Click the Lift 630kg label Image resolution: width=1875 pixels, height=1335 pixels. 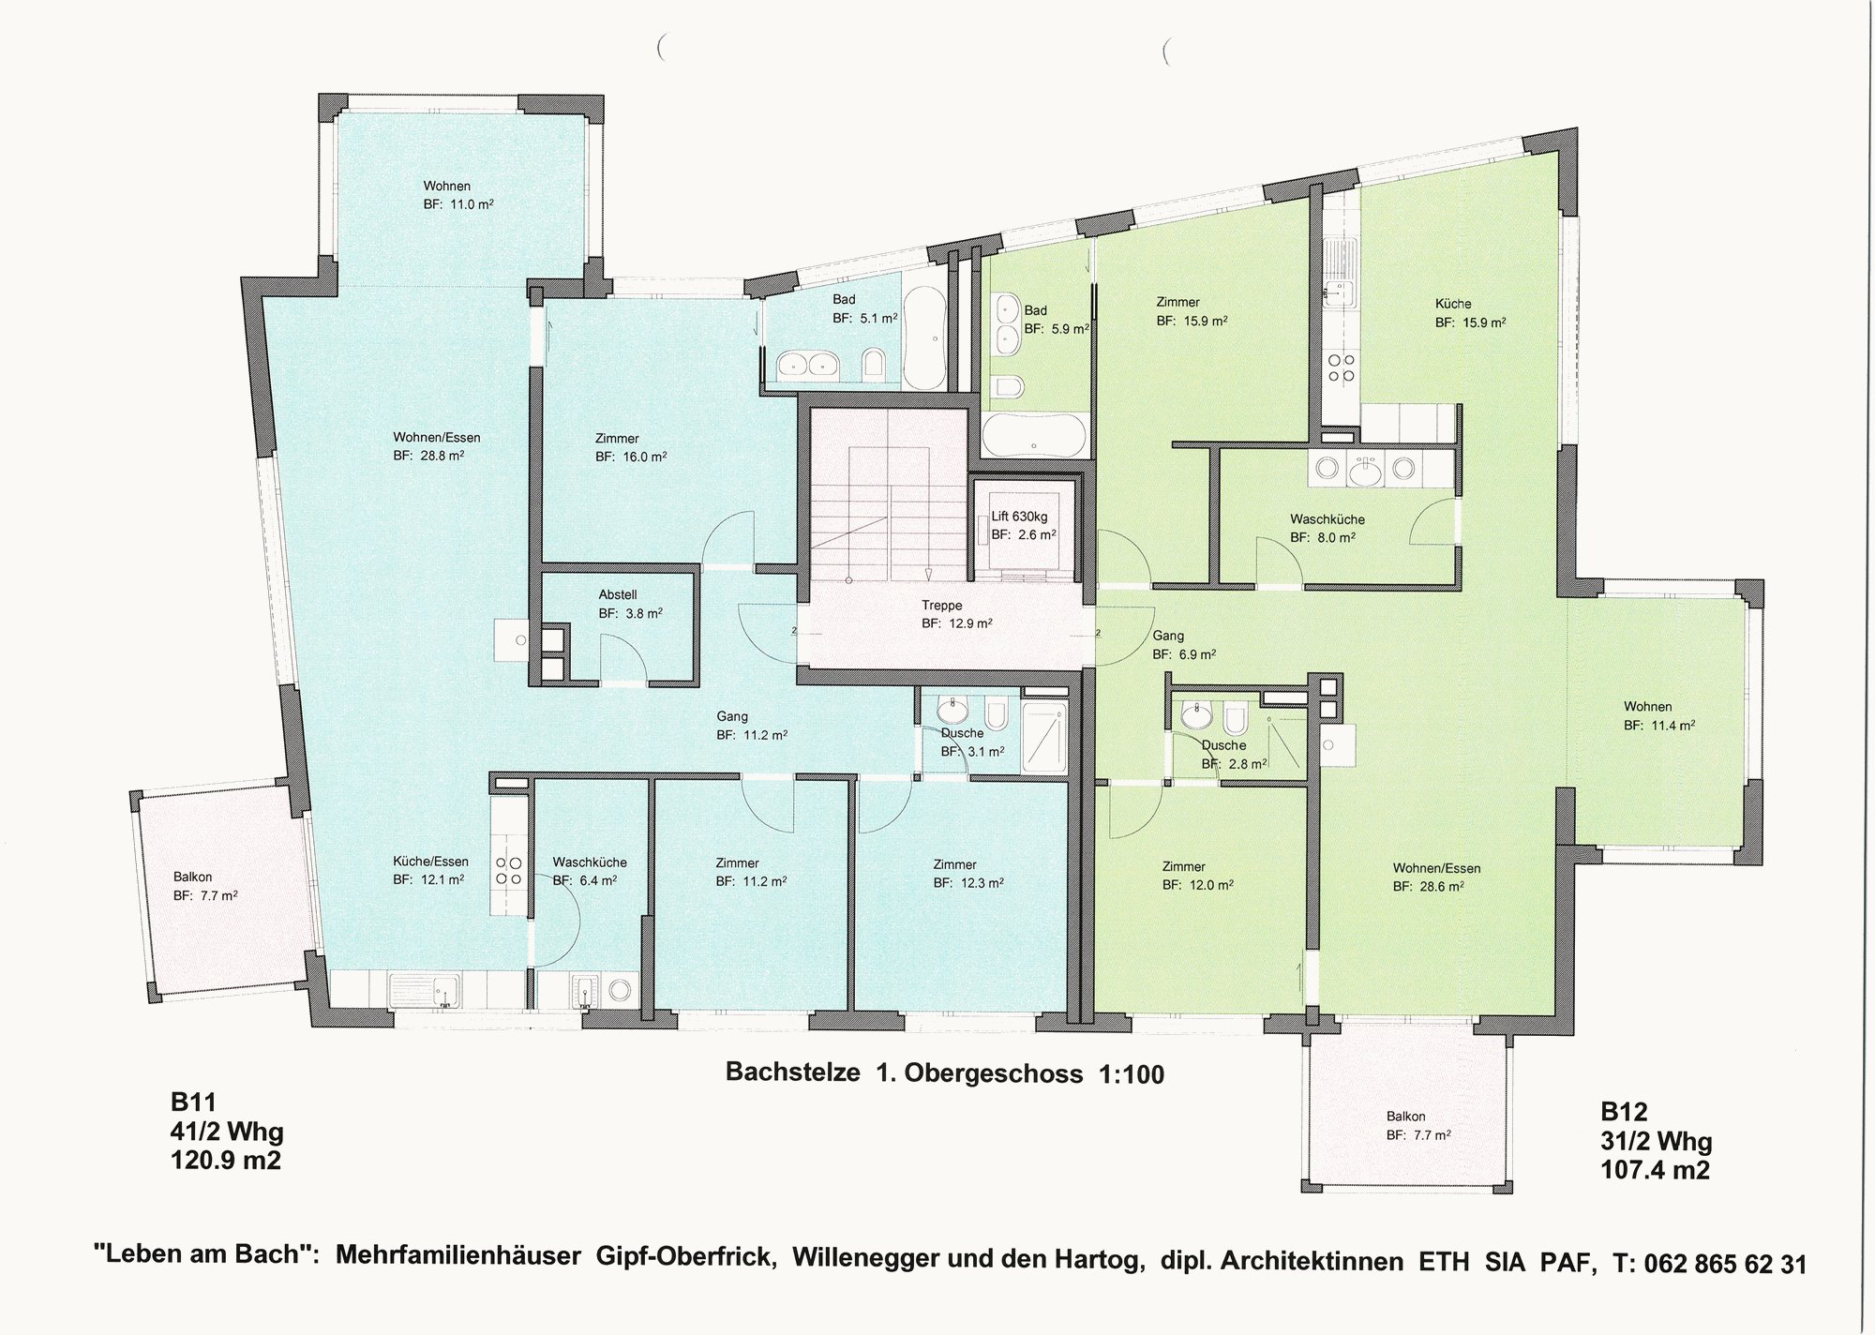1019,517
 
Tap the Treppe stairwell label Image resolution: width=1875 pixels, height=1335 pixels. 941,606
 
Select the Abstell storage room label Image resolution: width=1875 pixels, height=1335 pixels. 618,594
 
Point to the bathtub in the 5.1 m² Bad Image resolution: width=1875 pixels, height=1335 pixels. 926,337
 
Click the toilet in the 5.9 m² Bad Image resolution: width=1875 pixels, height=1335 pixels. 1010,386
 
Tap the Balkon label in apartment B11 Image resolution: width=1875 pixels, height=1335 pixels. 192,877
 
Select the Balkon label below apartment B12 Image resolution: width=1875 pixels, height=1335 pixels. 1405,1117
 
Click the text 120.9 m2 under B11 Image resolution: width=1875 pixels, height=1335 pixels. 225,1161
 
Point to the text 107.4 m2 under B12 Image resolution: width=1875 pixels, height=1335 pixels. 1655,1170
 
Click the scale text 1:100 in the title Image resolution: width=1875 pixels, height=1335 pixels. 1131,1074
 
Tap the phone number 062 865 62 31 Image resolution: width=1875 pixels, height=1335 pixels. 1722,1264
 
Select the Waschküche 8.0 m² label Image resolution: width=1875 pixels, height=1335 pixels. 1327,529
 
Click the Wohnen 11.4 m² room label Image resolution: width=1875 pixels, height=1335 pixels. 1658,716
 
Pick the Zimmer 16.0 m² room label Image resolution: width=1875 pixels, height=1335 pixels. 631,448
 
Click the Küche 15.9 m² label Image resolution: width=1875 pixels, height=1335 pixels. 1470,313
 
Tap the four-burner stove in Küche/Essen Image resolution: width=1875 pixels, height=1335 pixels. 508,871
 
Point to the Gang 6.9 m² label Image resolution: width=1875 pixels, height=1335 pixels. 1184,645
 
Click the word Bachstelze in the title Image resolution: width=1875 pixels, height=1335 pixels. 793,1072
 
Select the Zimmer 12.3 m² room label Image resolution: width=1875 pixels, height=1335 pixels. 968,874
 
